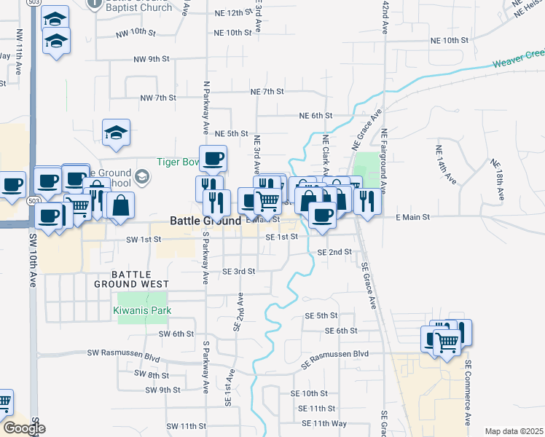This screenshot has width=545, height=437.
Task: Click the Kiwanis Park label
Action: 141,311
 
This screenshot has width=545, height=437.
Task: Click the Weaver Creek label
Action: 519,59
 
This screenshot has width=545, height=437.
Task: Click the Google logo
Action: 23,428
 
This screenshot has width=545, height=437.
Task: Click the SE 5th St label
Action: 321,315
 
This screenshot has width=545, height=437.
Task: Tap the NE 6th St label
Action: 315,116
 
